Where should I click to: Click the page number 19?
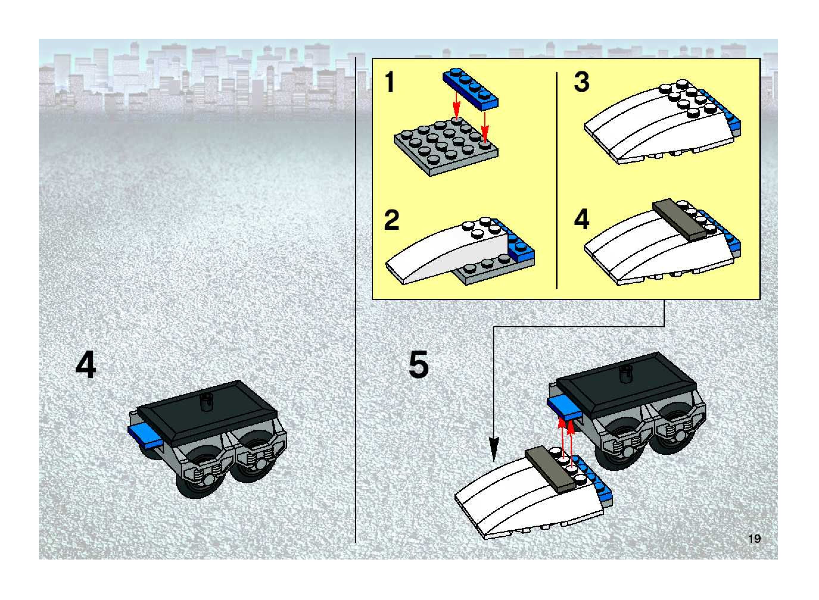pos(754,538)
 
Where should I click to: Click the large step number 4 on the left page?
pos(86,365)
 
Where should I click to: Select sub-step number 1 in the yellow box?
pos(390,82)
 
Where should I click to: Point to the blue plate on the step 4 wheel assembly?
pos(145,435)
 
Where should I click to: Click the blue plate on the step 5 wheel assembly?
pos(564,407)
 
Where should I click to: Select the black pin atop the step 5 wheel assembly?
pos(626,374)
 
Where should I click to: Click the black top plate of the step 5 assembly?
pos(626,385)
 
